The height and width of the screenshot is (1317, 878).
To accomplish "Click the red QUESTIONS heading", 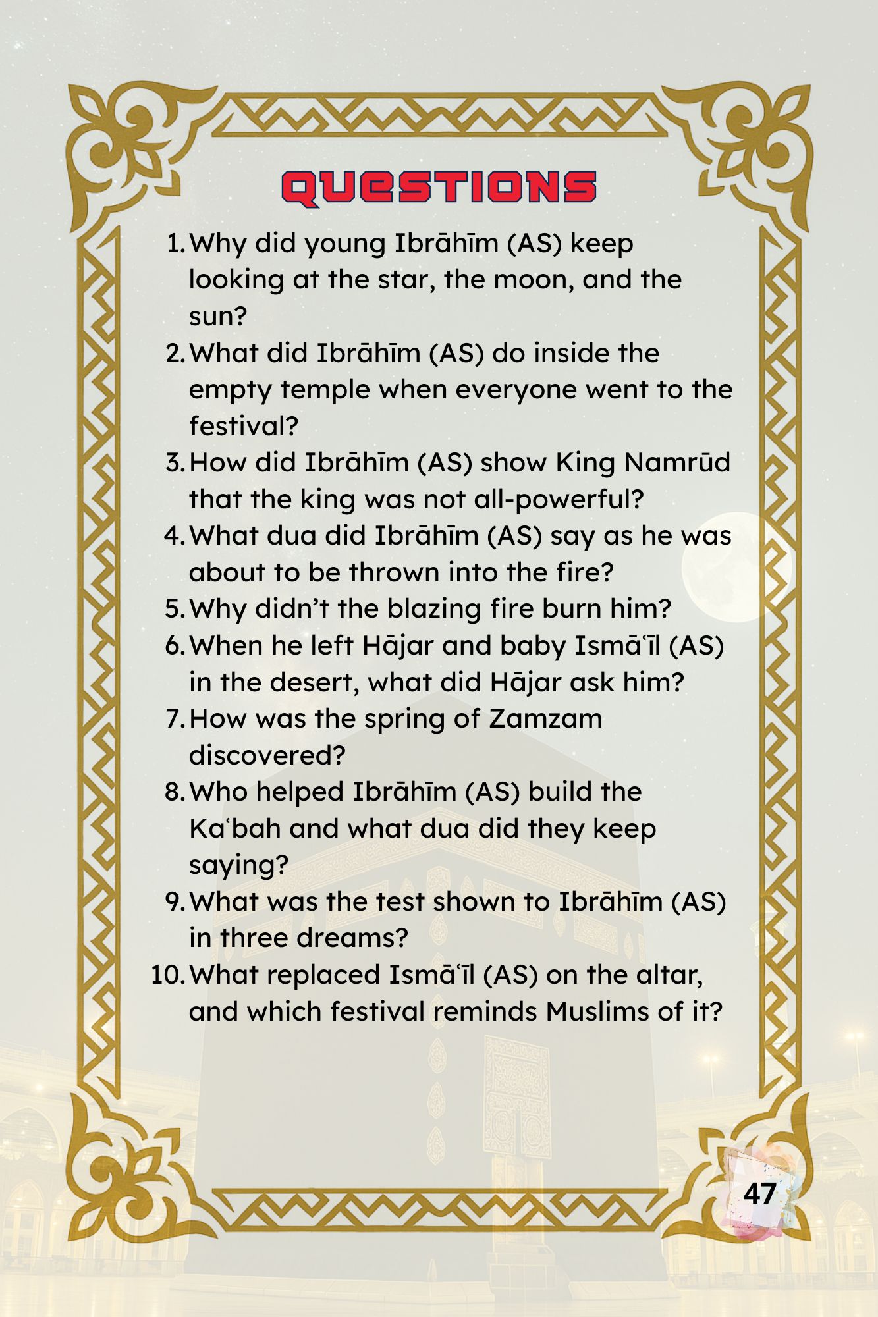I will [439, 188].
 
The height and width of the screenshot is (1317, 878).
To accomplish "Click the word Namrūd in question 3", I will [677, 462].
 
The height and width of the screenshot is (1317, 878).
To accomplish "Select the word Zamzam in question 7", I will [545, 718].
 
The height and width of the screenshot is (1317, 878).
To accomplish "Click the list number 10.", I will [167, 975].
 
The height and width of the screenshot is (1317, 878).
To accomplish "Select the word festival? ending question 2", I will [244, 426].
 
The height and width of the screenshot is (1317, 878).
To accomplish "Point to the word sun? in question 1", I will [217, 317].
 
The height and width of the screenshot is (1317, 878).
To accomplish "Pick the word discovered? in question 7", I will [267, 755].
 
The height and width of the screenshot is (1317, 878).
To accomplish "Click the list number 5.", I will [175, 609].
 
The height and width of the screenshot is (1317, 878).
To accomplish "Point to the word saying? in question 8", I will [238, 865].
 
